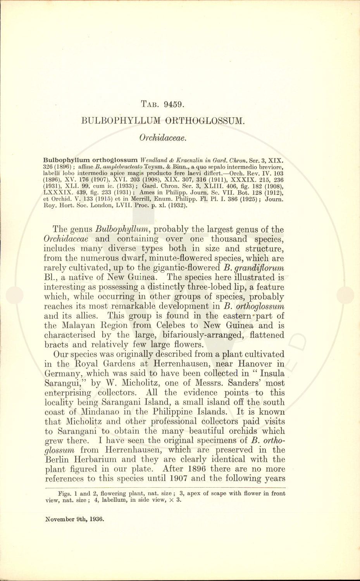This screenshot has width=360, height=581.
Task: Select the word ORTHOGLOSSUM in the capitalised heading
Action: (205, 120)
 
